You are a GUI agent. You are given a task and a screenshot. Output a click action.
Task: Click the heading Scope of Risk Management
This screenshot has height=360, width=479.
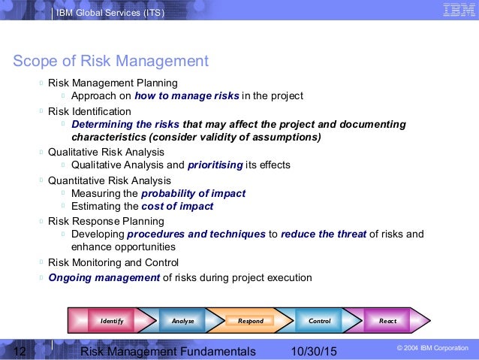[x=110, y=61]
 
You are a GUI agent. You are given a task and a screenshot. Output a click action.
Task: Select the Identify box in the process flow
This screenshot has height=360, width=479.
[x=112, y=321]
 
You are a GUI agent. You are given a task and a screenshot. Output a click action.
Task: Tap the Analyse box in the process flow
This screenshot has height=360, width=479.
[x=182, y=321]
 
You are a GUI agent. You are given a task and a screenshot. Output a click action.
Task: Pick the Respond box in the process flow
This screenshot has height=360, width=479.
[x=251, y=321]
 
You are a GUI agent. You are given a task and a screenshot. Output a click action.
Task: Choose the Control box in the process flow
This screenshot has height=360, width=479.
[x=319, y=321]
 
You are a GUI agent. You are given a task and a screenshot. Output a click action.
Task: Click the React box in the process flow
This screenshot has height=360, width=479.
[x=387, y=321]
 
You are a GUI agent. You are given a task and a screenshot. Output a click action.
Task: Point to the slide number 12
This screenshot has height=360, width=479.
[x=20, y=352]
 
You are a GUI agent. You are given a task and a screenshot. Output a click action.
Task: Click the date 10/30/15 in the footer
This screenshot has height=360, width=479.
[x=313, y=352]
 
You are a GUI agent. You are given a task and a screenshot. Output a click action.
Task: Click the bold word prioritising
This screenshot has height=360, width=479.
[x=215, y=165]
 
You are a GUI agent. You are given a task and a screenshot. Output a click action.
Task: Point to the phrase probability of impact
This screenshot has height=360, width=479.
[x=193, y=193]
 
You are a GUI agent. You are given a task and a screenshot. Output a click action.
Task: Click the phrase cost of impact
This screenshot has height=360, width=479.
[x=177, y=206]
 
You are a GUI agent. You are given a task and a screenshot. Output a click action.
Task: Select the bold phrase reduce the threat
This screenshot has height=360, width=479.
[x=324, y=234]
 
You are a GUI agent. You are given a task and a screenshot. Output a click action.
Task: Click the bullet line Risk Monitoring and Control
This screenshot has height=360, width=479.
[x=113, y=262]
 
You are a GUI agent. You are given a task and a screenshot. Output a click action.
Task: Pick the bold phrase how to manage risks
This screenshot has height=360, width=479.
[x=186, y=96]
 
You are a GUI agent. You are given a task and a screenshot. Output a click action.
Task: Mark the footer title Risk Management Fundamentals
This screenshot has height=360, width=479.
[x=167, y=352]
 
